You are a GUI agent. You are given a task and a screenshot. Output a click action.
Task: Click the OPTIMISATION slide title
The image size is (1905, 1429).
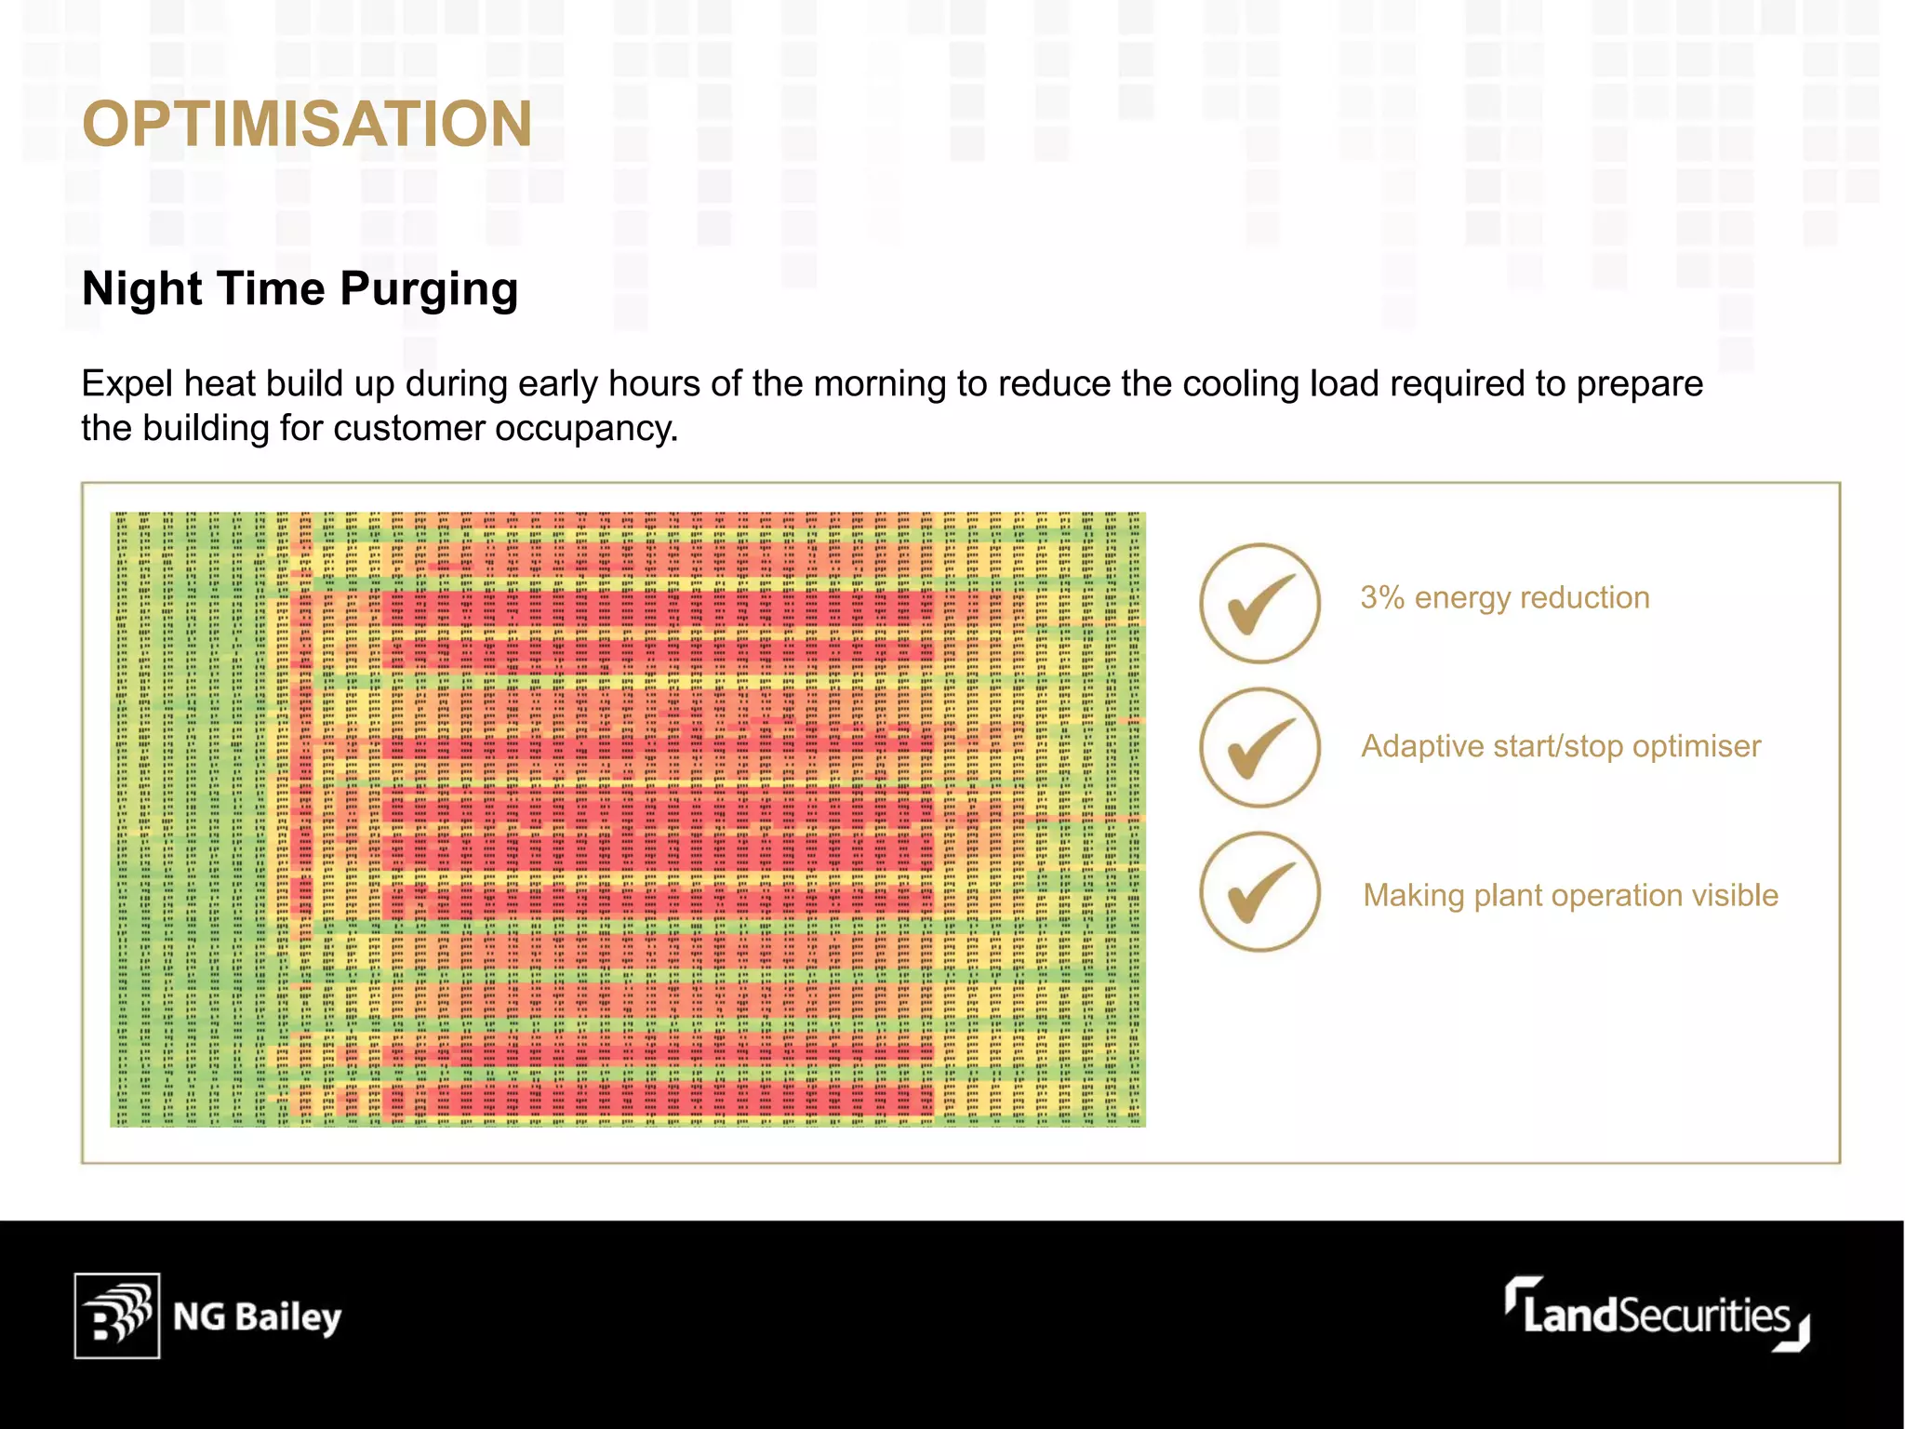307,124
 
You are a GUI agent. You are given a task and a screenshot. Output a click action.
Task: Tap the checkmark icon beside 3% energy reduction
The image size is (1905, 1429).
1259,603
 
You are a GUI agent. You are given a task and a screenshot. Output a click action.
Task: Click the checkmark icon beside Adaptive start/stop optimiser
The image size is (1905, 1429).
1259,748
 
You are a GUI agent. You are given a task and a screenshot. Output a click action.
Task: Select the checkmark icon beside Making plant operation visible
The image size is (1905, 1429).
1259,891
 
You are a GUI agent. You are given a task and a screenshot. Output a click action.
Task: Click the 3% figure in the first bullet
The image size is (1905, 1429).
1382,597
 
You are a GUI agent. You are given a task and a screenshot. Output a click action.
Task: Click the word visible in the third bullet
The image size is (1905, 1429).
1735,895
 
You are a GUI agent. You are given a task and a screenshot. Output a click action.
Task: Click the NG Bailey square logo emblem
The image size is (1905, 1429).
117,1315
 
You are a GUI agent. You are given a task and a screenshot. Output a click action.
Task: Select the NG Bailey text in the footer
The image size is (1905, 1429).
258,1317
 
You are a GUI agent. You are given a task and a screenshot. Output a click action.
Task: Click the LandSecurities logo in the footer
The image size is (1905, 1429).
1657,1315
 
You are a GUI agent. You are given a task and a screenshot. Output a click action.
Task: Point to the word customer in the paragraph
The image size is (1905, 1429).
408,429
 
